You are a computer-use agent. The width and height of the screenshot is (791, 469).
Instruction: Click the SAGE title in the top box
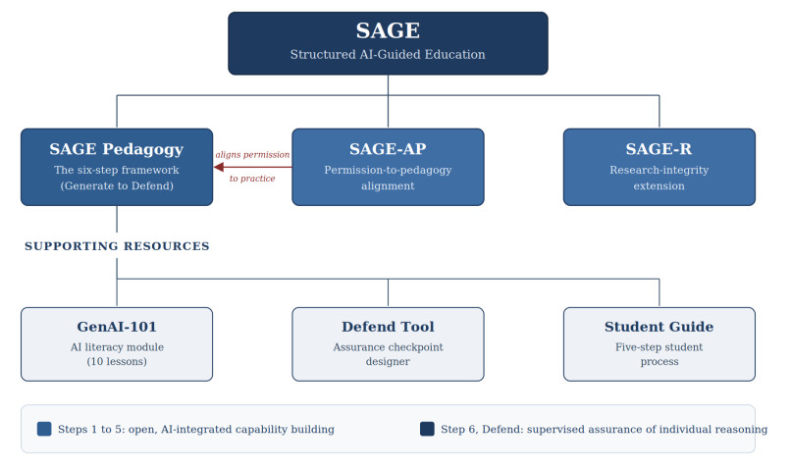click(x=388, y=30)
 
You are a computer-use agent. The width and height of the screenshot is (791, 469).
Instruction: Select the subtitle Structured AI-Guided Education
click(x=388, y=55)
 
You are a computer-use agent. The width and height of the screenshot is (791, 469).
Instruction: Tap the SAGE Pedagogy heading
click(x=117, y=149)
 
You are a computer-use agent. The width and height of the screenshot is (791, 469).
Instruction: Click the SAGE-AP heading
click(x=388, y=149)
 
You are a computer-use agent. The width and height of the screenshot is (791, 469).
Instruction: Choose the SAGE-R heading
click(x=659, y=149)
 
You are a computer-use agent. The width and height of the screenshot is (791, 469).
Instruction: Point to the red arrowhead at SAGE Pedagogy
click(x=219, y=167)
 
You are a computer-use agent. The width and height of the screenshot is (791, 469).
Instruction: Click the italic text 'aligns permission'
click(x=252, y=155)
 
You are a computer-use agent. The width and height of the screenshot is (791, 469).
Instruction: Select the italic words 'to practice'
click(x=252, y=179)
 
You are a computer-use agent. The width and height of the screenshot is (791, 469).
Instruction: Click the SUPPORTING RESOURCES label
click(x=117, y=246)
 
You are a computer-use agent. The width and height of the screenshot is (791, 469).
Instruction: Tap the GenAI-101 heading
click(x=117, y=327)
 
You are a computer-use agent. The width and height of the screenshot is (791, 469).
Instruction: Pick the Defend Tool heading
click(x=388, y=327)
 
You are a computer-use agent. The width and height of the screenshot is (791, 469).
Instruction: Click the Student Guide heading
click(x=659, y=327)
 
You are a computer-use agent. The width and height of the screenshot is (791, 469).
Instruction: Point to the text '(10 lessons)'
click(x=117, y=362)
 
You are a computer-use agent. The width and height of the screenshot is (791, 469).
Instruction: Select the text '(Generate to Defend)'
click(x=117, y=186)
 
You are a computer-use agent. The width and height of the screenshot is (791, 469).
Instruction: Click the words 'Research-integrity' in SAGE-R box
click(x=659, y=170)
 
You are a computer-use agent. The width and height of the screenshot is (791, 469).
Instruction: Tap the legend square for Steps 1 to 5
click(x=44, y=429)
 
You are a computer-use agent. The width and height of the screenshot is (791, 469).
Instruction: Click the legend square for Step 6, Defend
click(x=427, y=429)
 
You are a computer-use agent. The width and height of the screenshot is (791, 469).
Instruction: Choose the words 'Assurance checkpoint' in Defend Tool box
click(x=388, y=347)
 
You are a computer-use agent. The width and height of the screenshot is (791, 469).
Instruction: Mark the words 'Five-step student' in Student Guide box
click(x=659, y=347)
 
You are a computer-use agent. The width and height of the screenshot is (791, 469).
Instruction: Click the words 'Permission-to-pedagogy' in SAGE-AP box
click(x=388, y=170)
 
